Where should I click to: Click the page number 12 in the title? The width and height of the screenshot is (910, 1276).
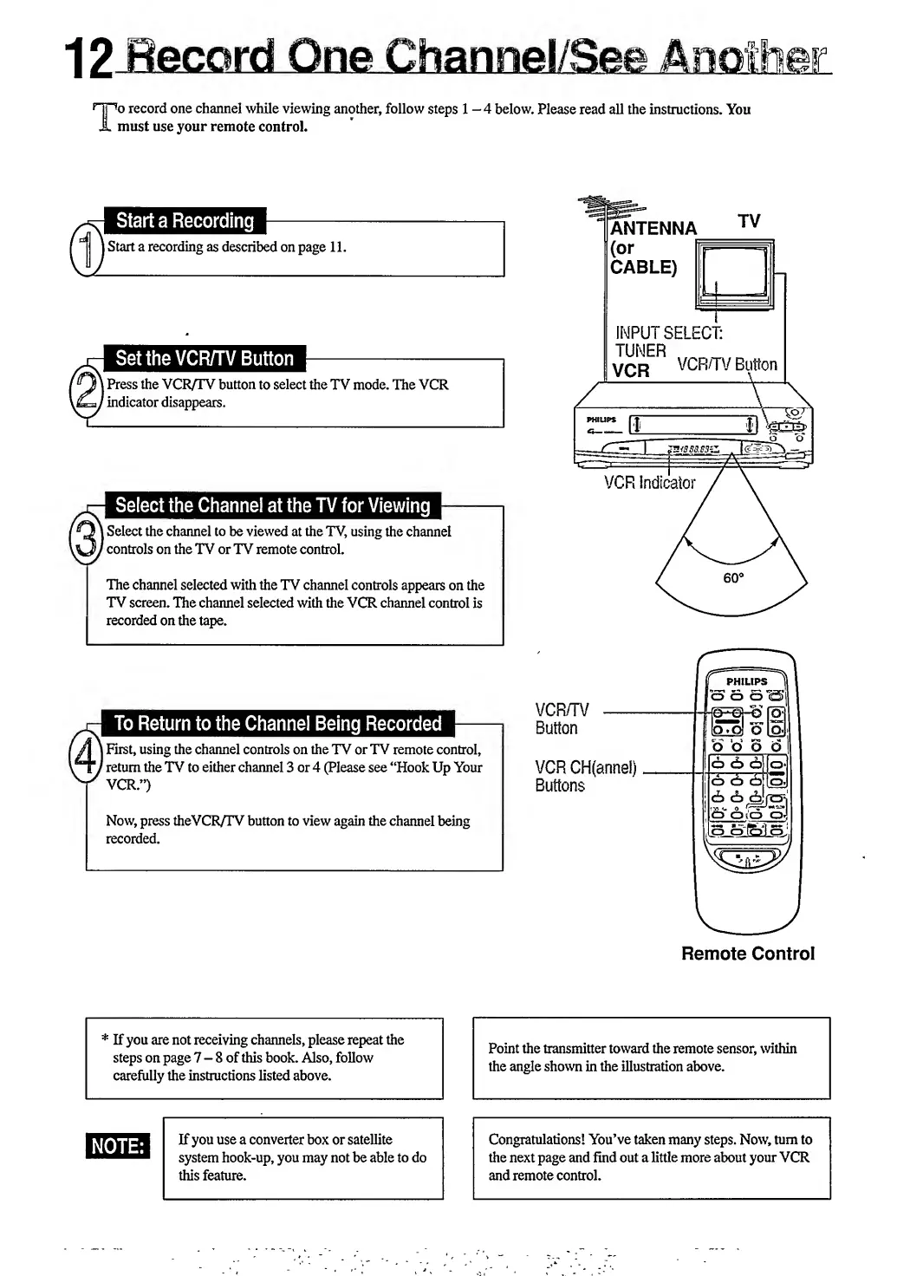[x=89, y=60]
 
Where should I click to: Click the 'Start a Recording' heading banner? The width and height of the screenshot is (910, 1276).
[x=185, y=221]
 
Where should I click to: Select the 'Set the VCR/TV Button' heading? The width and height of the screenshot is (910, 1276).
[x=205, y=359]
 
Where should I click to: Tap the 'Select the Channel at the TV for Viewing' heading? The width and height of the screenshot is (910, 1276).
[x=272, y=505]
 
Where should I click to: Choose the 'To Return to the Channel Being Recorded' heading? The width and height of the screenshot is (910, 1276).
[x=277, y=724]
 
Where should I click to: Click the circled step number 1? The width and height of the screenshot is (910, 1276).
[x=85, y=249]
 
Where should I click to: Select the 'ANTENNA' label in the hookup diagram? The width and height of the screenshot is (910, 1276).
[x=653, y=229]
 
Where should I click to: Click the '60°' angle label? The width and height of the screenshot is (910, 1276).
[x=733, y=578]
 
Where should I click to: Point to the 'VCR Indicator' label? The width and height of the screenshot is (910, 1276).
[x=649, y=483]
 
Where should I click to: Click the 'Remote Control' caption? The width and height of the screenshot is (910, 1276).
[x=748, y=954]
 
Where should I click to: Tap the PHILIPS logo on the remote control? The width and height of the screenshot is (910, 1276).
[x=746, y=681]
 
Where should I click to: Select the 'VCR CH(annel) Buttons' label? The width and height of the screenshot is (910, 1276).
[x=585, y=777]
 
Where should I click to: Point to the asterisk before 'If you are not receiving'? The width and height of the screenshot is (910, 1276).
[x=105, y=1039]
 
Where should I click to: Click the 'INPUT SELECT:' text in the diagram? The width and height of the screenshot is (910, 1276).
[x=668, y=333]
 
